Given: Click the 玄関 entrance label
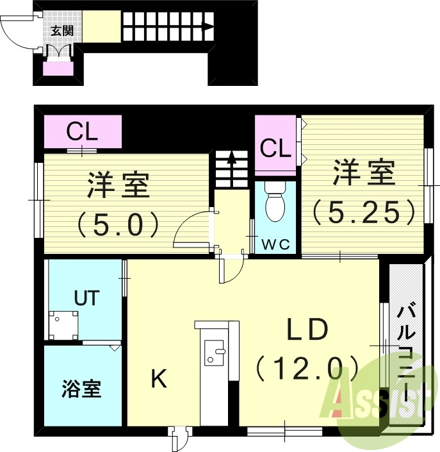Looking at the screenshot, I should coord(61,30).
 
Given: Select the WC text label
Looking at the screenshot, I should coord(275,244).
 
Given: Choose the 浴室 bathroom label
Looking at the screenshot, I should coord(81,389).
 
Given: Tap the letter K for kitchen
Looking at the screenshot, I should coord(158,380).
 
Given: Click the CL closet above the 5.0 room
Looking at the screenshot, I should coord(83,133).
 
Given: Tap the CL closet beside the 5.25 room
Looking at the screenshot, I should coord(275,149).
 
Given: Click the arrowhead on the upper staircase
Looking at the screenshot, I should coord(208,27).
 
